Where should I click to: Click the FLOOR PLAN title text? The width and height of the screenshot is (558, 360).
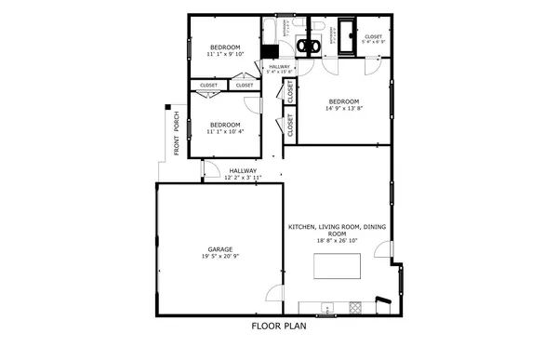click(279, 327)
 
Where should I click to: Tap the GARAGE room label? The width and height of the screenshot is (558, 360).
click(219, 248)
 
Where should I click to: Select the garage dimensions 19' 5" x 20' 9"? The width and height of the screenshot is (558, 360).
click(219, 256)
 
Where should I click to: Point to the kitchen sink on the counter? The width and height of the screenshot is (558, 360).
click(326, 308)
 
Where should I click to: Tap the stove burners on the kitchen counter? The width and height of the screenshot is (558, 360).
click(352, 308)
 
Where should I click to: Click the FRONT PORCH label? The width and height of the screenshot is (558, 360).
click(176, 134)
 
